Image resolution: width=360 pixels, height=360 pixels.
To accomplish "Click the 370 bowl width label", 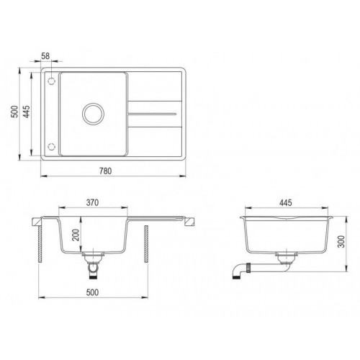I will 91,202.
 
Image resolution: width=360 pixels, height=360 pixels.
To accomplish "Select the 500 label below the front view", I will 92,292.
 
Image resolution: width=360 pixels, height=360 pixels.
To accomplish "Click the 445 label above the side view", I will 286,202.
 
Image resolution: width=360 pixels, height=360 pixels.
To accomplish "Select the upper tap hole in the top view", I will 51,81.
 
